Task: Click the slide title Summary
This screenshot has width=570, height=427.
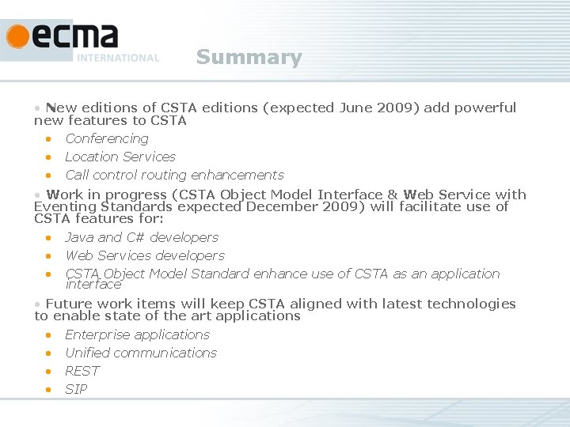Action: (249, 58)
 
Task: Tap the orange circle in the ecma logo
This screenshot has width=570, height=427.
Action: (17, 36)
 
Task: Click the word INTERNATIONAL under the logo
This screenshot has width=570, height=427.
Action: (118, 58)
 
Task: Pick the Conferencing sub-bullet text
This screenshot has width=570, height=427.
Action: (107, 139)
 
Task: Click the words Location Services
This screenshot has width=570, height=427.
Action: (120, 157)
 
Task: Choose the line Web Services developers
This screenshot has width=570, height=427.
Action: (145, 256)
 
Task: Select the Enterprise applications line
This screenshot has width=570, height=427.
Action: (137, 335)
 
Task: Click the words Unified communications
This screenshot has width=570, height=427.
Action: (141, 353)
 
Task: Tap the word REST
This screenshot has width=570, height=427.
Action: (82, 372)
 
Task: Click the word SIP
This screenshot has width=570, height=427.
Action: (77, 390)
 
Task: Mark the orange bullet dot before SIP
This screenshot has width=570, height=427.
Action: (48, 389)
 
